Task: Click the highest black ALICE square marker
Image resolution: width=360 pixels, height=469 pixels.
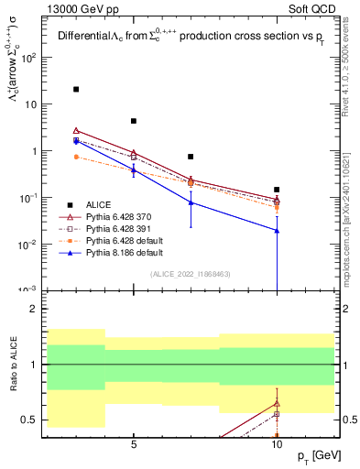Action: (76, 90)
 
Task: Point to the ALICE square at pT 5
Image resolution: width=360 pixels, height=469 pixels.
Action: (134, 121)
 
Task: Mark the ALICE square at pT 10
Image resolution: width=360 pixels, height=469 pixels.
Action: (277, 190)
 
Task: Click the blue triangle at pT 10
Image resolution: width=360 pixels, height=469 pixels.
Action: (277, 230)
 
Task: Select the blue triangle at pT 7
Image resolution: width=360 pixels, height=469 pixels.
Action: (191, 202)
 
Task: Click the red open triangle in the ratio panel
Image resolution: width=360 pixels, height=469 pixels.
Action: (277, 403)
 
